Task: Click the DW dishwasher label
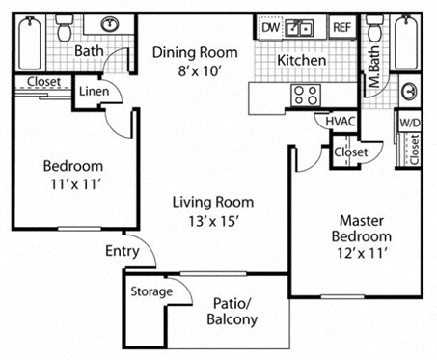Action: click(x=271, y=28)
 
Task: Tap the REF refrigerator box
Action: click(x=341, y=28)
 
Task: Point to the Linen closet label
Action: click(x=94, y=93)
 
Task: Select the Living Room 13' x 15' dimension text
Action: click(x=213, y=221)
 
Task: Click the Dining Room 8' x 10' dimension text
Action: click(x=186, y=70)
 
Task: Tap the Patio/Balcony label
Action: click(x=232, y=310)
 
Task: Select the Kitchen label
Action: click(x=301, y=61)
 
